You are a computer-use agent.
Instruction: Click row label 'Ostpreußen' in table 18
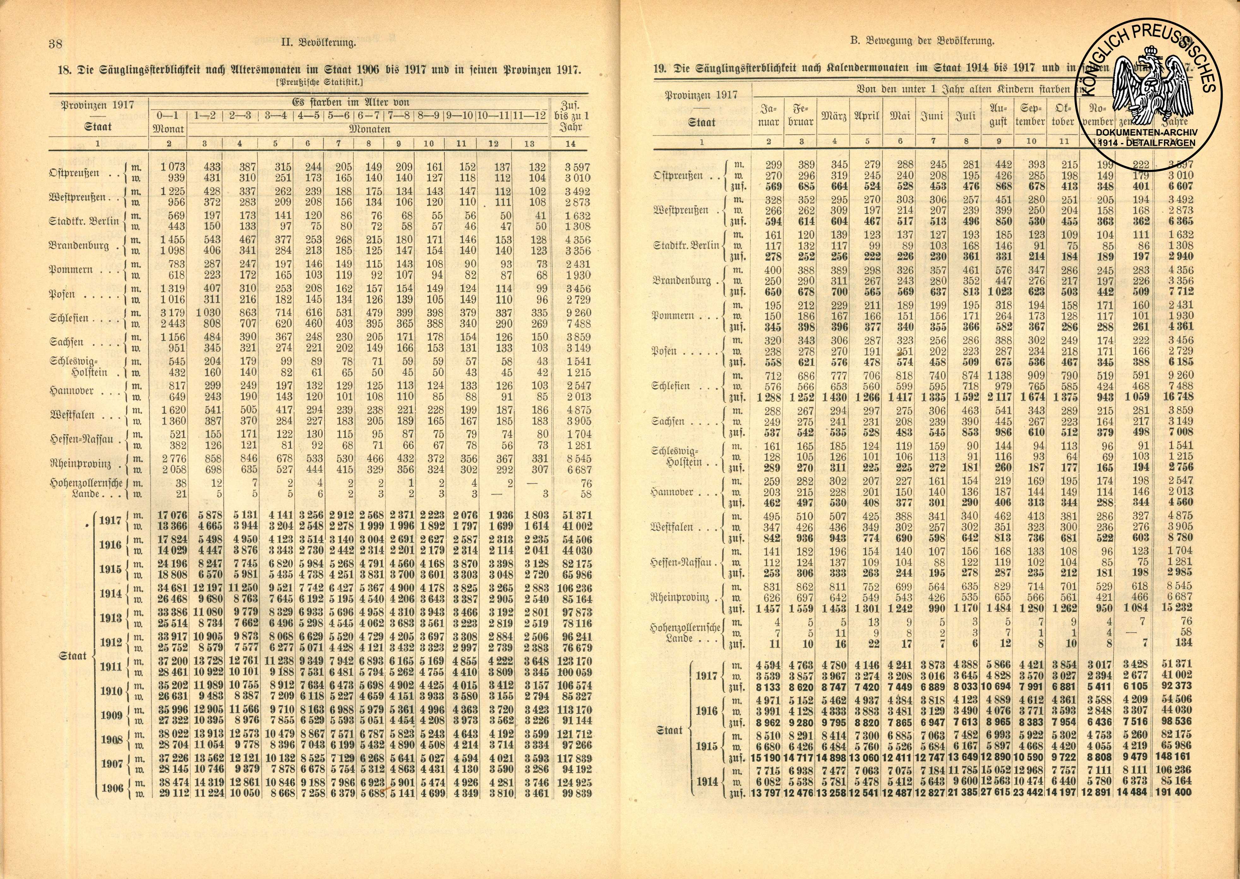click(75, 173)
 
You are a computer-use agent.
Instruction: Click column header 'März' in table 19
click(834, 116)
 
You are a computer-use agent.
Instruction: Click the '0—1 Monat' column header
click(169, 122)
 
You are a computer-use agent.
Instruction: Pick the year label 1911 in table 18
click(111, 667)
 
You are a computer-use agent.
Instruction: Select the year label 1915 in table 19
click(707, 746)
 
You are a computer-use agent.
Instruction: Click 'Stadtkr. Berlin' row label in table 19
click(686, 245)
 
